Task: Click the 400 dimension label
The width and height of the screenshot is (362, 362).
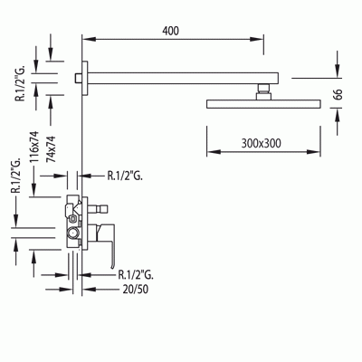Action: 171,31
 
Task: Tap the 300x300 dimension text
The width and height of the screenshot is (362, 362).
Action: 261,143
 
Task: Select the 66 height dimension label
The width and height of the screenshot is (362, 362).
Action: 338,95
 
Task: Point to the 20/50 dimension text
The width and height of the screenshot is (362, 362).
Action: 136,290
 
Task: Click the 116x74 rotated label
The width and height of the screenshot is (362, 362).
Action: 34,147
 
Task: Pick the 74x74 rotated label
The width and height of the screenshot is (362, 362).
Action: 51,149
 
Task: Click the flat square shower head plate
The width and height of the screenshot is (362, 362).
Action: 263,104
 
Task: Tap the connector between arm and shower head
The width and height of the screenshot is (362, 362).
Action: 263,91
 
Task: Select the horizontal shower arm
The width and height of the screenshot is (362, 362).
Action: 183,78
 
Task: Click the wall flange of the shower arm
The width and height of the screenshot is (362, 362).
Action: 85,78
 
